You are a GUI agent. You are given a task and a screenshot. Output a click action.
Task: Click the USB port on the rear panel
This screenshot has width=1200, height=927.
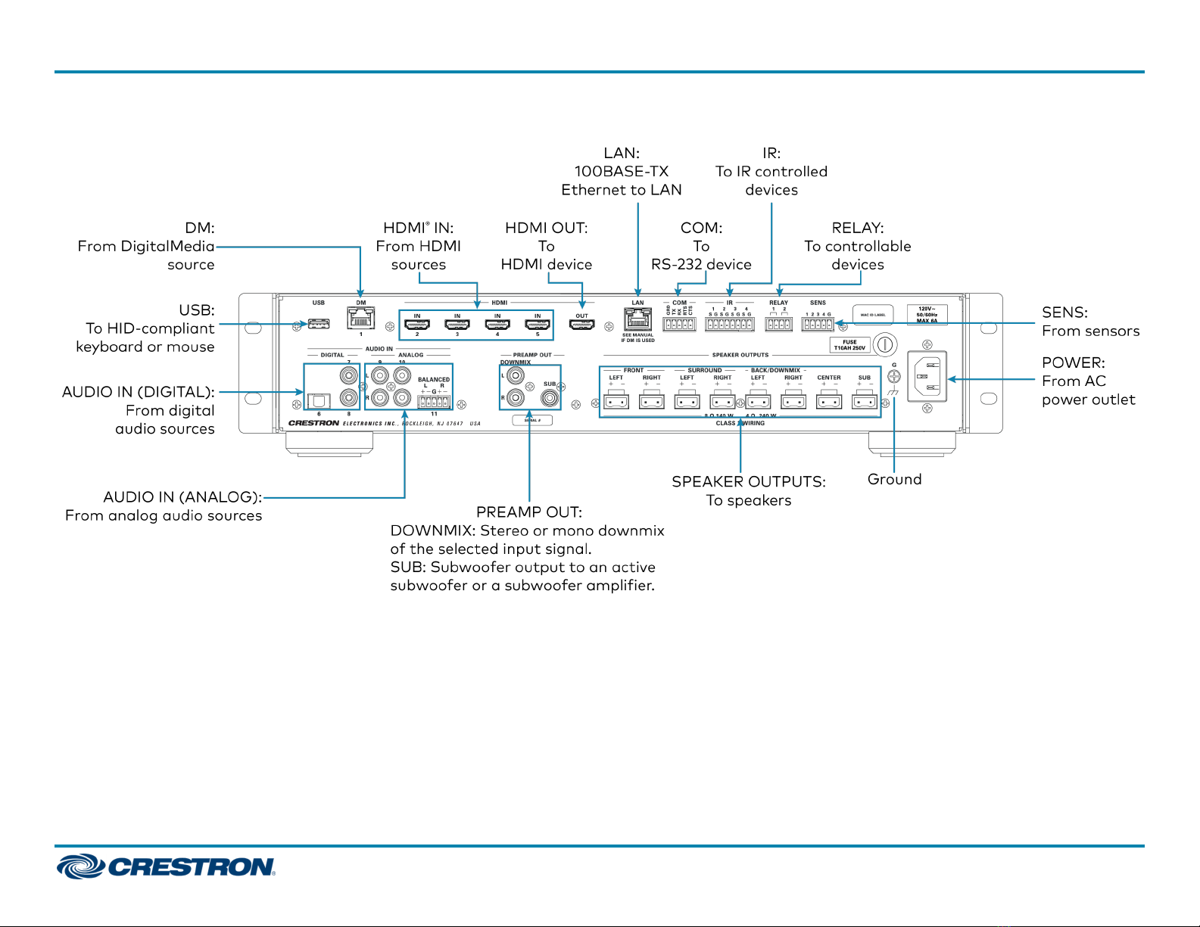[x=319, y=324]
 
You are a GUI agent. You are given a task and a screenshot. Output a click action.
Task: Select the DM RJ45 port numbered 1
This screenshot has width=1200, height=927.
[x=361, y=318]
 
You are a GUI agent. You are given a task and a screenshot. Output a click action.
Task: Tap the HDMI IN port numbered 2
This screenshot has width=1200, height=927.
[x=417, y=325]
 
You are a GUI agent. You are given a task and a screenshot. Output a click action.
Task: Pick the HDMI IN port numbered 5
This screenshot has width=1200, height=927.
[x=538, y=325]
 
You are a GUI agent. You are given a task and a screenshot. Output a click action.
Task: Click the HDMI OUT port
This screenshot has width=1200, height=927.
[x=581, y=325]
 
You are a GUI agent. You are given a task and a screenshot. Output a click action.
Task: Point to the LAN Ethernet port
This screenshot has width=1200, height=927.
[x=638, y=319]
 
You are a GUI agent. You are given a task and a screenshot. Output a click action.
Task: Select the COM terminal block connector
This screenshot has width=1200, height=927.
[x=679, y=324]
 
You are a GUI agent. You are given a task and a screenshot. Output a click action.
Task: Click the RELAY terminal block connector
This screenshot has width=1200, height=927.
[x=778, y=324]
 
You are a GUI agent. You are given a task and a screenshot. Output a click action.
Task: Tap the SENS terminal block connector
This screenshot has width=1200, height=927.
[x=818, y=324]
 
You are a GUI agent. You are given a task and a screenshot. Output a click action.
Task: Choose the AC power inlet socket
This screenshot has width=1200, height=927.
[x=927, y=376]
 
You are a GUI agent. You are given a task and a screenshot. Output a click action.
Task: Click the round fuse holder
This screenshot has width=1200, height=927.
[x=884, y=345]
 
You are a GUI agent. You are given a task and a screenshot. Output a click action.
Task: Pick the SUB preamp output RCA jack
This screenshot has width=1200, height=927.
[x=549, y=396]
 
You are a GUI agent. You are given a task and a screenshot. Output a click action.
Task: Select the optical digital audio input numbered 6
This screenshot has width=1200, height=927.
[x=319, y=400]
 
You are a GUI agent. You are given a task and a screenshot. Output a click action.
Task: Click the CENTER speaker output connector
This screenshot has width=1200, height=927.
[x=829, y=400]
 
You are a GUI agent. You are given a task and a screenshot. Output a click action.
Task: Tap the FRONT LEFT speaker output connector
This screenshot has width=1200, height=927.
[x=616, y=400]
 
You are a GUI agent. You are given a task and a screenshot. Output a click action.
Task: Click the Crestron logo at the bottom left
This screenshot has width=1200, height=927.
[x=166, y=866]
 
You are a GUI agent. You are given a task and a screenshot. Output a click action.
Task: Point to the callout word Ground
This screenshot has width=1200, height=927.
[x=894, y=479]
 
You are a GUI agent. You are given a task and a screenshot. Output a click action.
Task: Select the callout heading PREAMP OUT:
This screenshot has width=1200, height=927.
[x=528, y=512]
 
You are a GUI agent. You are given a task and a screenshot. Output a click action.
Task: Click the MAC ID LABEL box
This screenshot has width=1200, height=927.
[x=873, y=315]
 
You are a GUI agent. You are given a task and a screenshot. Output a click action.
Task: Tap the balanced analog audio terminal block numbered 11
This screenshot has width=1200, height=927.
[x=434, y=402]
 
